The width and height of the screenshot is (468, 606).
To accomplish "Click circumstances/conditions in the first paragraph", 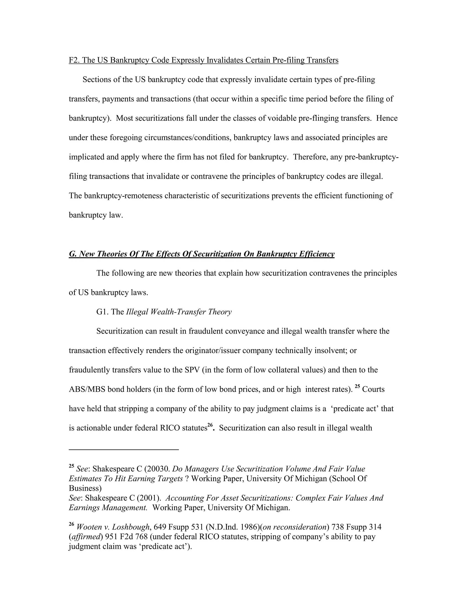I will tap(188, 138).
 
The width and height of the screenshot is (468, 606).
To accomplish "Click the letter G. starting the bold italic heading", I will tap(73, 254).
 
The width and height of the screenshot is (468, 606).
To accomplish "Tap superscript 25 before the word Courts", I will tap(357, 386).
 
